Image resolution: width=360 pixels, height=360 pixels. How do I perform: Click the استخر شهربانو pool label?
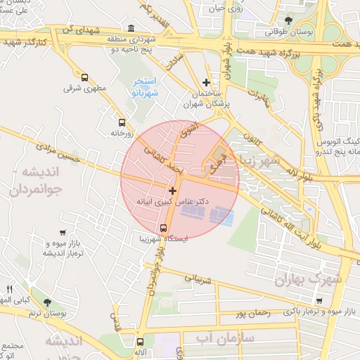point(146,87)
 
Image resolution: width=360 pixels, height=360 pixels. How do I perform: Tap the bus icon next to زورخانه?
point(122,122)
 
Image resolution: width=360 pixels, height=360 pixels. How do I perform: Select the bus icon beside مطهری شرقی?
point(84,78)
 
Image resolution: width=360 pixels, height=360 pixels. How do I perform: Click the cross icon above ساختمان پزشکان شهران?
point(206,82)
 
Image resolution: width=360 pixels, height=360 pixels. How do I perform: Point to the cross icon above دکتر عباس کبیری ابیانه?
point(172,191)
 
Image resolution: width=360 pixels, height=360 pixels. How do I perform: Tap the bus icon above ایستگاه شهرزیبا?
point(163,228)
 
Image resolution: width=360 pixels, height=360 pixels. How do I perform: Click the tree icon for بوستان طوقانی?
point(288,20)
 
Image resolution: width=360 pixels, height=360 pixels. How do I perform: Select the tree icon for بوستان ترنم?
point(47,302)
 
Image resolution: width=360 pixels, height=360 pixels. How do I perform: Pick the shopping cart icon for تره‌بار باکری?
point(319,301)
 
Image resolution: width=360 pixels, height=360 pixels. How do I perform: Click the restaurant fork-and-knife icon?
point(9,289)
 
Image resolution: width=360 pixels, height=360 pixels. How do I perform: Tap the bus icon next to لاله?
point(140,341)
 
